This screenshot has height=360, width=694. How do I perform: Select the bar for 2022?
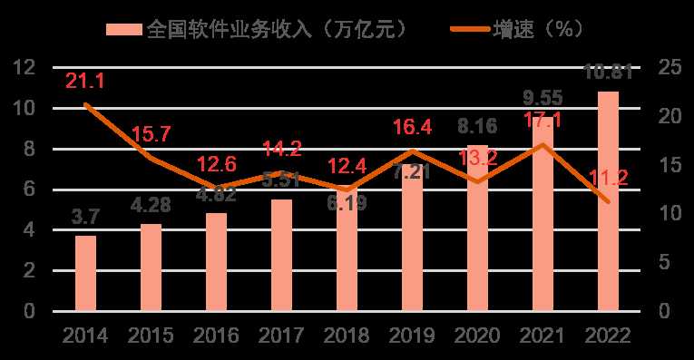click(x=608, y=201)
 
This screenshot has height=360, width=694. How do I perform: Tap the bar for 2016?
click(x=216, y=262)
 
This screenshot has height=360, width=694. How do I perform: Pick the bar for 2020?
click(x=477, y=229)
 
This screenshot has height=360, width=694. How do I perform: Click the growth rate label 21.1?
click(x=86, y=82)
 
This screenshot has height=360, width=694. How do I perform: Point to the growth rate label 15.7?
click(x=151, y=135)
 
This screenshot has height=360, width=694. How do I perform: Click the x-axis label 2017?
click(x=281, y=336)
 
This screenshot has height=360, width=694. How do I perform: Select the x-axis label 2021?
click(x=542, y=336)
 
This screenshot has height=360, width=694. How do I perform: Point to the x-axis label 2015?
click(x=151, y=336)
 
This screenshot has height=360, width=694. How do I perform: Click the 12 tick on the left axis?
click(x=25, y=67)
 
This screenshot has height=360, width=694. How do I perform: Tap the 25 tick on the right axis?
click(x=670, y=67)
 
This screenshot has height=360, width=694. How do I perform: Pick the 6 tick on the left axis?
click(x=31, y=189)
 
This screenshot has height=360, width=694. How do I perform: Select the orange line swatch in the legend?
click(x=468, y=28)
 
